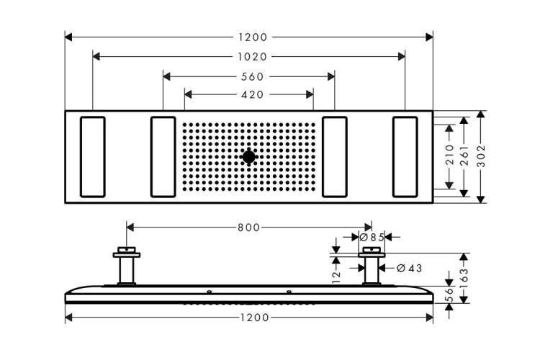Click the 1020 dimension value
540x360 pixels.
(x=253, y=56)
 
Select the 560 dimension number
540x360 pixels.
(x=253, y=76)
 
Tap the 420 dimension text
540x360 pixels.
(x=253, y=94)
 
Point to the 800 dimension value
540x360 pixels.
(x=248, y=228)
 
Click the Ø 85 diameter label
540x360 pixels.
(x=372, y=237)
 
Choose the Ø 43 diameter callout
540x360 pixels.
(x=409, y=268)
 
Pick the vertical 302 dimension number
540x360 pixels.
(x=481, y=156)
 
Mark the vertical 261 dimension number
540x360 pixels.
(x=464, y=156)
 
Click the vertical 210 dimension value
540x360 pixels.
(x=450, y=155)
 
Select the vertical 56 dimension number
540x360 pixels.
(x=450, y=296)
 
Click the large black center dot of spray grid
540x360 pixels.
(x=248, y=157)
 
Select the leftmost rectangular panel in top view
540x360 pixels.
(x=93, y=157)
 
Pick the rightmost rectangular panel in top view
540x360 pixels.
(x=405, y=157)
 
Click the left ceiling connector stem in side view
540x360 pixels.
(x=127, y=271)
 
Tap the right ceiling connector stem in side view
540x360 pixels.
(x=372, y=271)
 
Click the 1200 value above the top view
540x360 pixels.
(x=253, y=37)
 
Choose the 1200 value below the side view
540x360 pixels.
(x=254, y=318)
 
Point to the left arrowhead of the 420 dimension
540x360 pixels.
(x=188, y=94)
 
